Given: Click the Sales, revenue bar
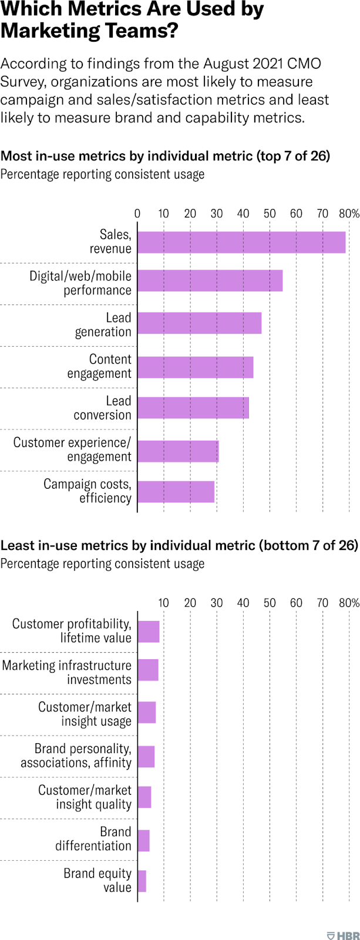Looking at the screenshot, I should (241, 242).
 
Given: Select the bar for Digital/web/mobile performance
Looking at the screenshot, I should (210, 281).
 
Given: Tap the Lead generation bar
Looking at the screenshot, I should (199, 323).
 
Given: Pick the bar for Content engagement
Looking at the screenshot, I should (195, 367).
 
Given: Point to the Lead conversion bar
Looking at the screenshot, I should (193, 408).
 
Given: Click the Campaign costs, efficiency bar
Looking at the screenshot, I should (176, 492).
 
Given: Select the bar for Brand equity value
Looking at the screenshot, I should (142, 881).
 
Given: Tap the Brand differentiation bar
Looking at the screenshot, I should (143, 840).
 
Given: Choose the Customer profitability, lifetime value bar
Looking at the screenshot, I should (149, 631).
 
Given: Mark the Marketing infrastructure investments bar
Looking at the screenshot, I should (148, 670).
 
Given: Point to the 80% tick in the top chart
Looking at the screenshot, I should (349, 213).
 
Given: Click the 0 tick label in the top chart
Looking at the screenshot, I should (137, 213).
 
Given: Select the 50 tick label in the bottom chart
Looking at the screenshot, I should (270, 603).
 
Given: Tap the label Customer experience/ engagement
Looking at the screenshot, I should (72, 449).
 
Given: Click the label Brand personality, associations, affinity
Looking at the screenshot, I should (76, 756).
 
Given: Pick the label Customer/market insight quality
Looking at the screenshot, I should (85, 797).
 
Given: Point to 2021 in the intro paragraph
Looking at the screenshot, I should (240, 64).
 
